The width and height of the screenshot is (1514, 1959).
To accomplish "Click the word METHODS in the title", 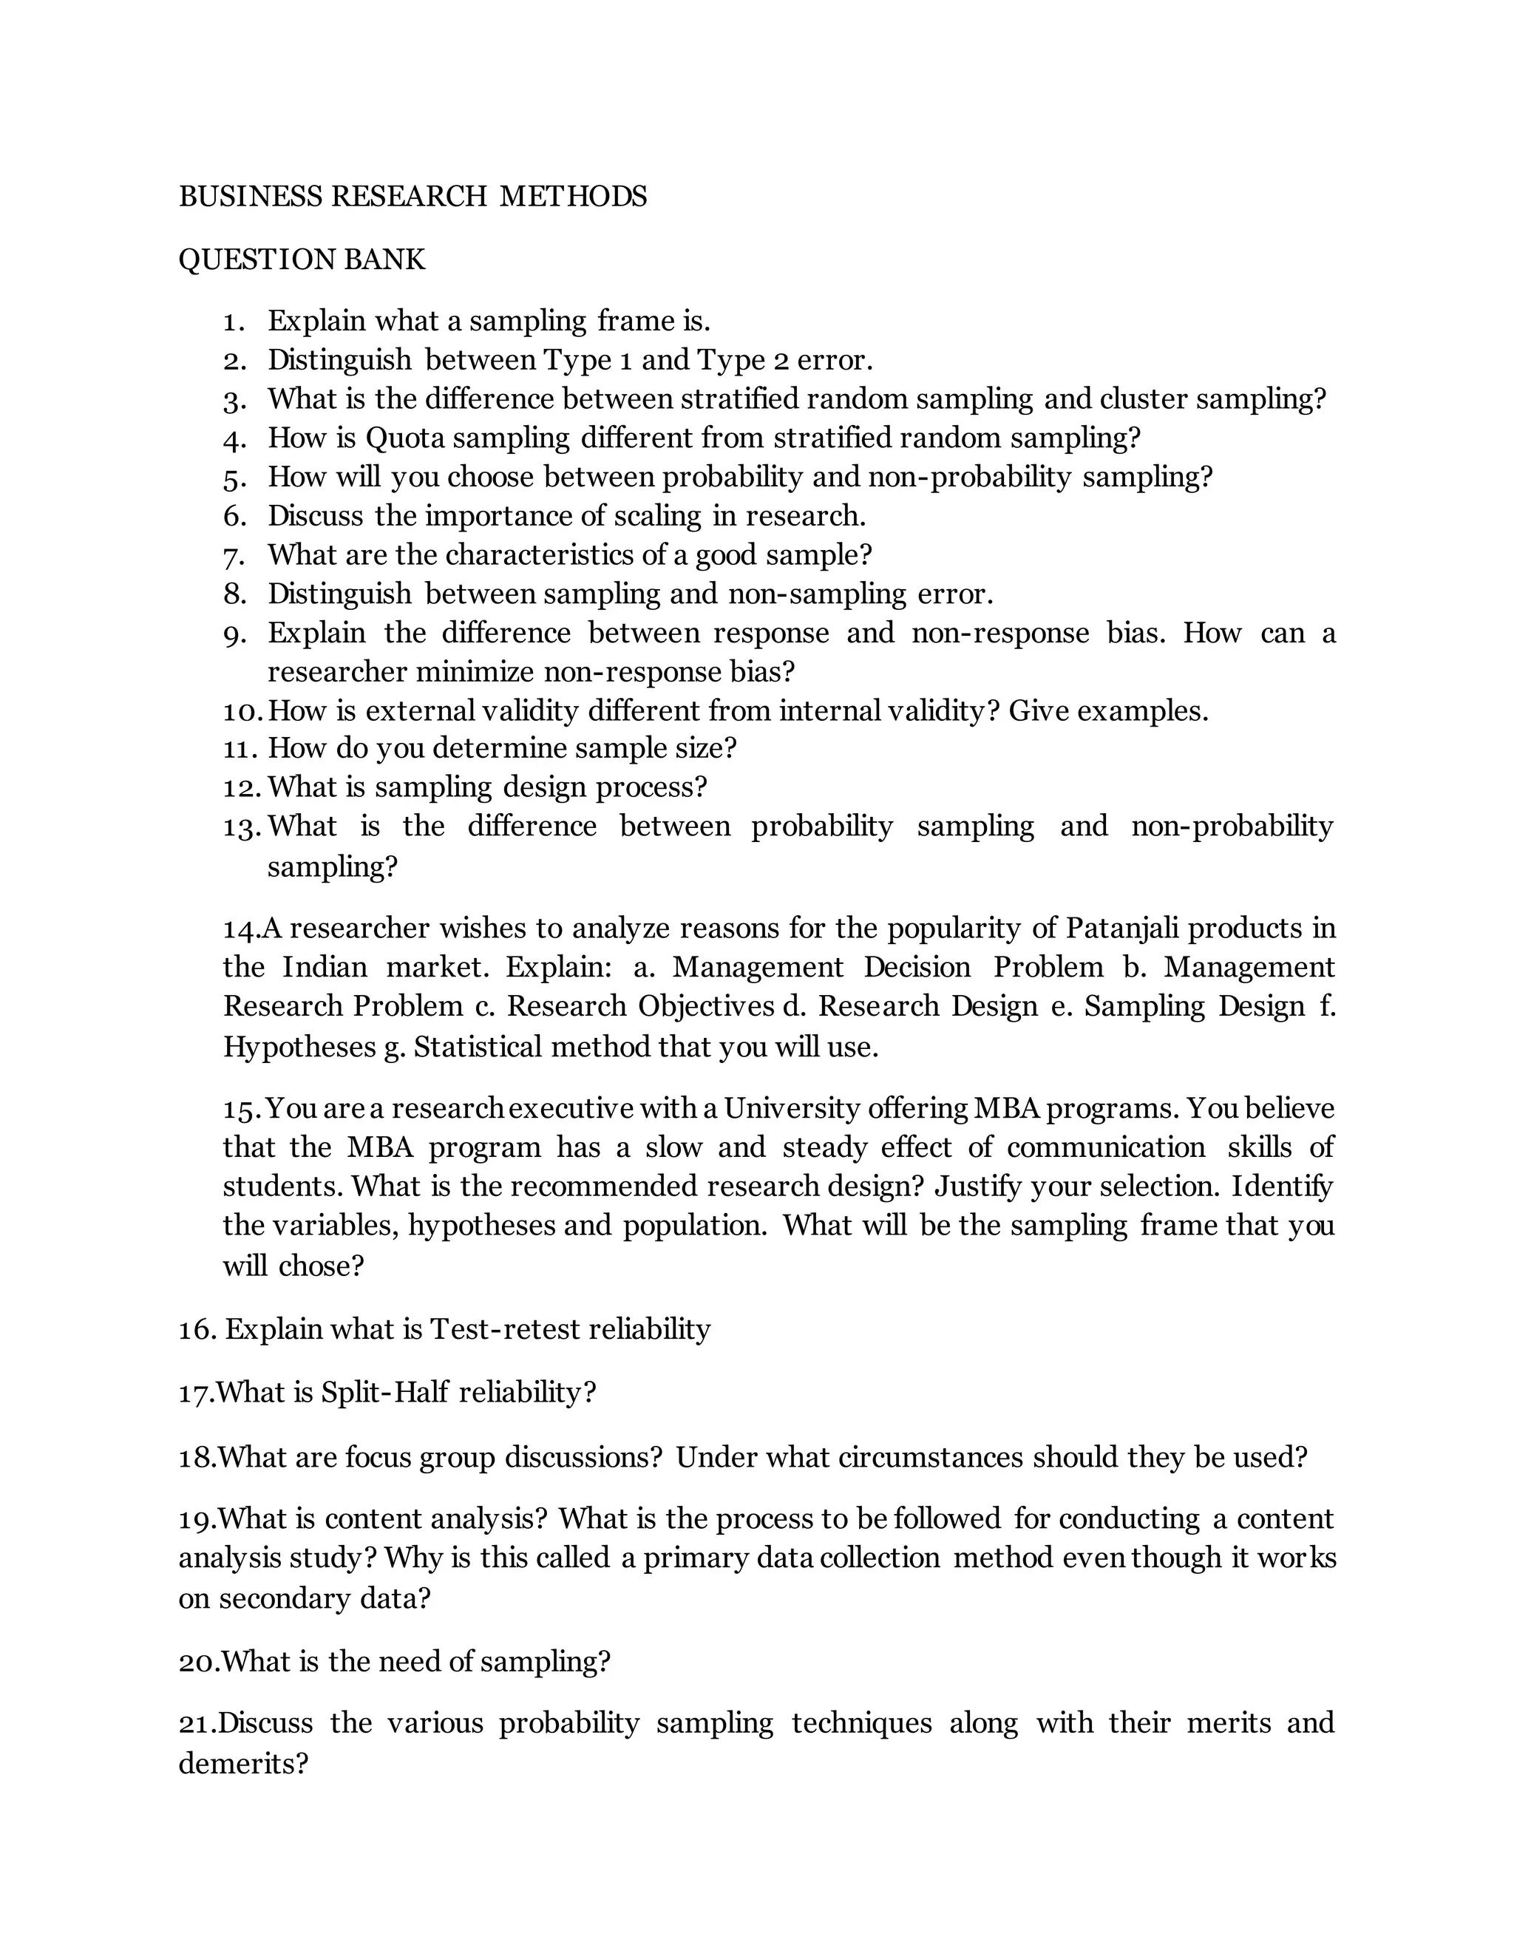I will tap(573, 197).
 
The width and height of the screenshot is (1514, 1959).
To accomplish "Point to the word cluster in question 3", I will tap(1143, 398).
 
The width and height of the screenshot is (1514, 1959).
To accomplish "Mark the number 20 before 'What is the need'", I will tap(197, 1662).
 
